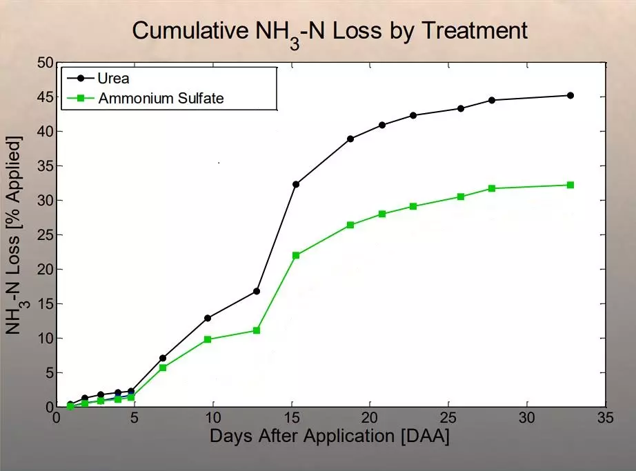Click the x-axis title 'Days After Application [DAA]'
click(329, 437)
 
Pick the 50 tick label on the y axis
click(45, 63)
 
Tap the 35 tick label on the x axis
click(606, 419)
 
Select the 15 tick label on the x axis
click(291, 419)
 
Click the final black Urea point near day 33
click(570, 95)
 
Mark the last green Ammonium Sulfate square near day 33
click(570, 185)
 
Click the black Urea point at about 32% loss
click(296, 184)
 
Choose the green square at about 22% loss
click(296, 255)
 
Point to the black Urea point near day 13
click(257, 291)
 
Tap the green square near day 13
click(257, 330)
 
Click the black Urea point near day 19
click(350, 139)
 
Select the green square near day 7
click(163, 368)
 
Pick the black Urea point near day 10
click(208, 318)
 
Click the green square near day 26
click(461, 197)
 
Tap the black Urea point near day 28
click(492, 100)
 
